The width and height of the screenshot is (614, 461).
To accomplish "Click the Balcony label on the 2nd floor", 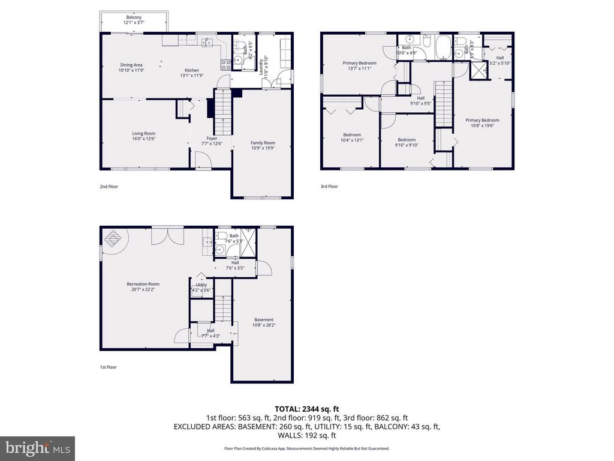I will pyautogui.click(x=134, y=20).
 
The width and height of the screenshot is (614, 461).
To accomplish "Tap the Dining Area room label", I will pyautogui.click(x=131, y=67).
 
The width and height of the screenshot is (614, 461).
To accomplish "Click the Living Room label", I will pyautogui.click(x=144, y=136).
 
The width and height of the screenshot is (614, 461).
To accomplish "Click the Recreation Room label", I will pyautogui.click(x=143, y=286).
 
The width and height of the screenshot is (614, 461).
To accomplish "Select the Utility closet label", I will pyautogui.click(x=201, y=287).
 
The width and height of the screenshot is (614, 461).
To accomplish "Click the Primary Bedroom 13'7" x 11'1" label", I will pyautogui.click(x=360, y=66).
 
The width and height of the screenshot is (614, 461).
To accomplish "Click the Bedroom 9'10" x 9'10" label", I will pyautogui.click(x=407, y=142).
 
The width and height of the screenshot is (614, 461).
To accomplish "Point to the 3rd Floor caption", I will pyautogui.click(x=329, y=187).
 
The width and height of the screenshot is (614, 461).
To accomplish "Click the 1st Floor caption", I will pyautogui.click(x=109, y=367).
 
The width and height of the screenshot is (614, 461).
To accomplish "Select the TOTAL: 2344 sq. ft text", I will pyautogui.click(x=307, y=409).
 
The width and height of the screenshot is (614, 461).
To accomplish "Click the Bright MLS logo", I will pyautogui.click(x=37, y=448).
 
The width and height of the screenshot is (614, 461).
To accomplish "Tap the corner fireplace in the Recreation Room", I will pyautogui.click(x=113, y=239).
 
